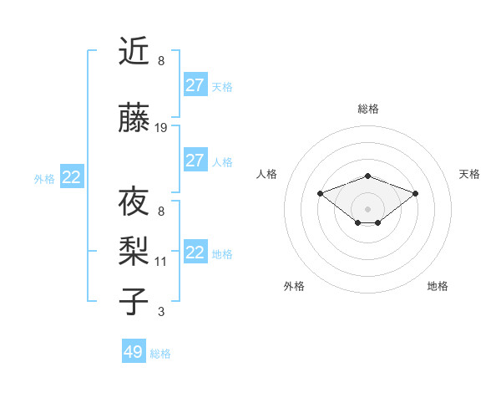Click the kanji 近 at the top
click(134, 52)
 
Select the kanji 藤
click(134, 120)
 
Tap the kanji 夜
click(134, 203)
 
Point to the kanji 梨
click(134, 249)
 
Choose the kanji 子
click(134, 302)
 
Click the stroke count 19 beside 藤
click(161, 128)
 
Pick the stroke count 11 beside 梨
click(161, 262)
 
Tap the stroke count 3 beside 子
click(161, 312)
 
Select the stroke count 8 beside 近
click(161, 61)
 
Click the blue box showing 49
click(134, 352)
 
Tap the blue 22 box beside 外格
click(72, 177)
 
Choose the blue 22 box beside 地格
click(195, 253)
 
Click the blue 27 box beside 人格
click(195, 161)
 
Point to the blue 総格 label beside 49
click(160, 354)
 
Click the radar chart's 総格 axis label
click(368, 109)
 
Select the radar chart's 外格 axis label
click(294, 286)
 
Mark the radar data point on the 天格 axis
click(415, 193)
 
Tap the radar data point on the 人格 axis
click(320, 193)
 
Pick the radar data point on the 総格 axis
click(368, 176)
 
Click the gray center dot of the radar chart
click(368, 208)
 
